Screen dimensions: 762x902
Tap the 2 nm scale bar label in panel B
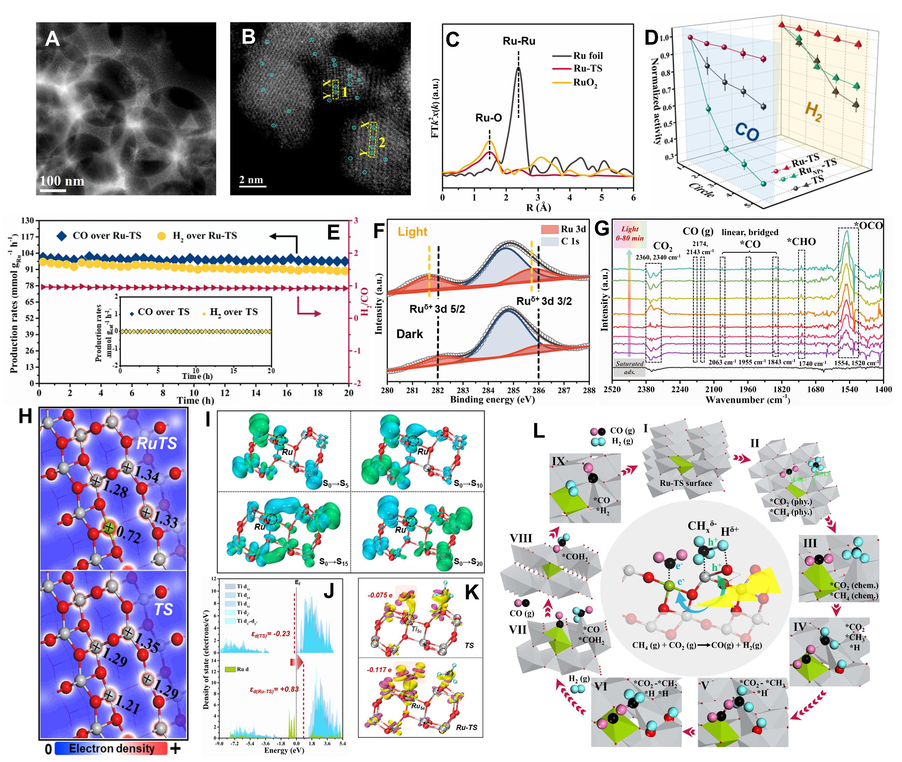(251, 179)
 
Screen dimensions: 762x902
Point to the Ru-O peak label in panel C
(488, 118)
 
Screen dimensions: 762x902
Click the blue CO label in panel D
(747, 132)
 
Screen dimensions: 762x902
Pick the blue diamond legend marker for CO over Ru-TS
(62, 236)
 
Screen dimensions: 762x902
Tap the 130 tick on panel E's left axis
(28, 221)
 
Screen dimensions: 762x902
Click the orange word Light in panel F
(412, 232)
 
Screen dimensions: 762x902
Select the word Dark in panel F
(410, 334)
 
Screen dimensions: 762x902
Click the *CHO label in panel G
(801, 242)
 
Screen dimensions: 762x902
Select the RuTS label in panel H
(157, 443)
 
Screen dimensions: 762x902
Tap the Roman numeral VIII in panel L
(521, 538)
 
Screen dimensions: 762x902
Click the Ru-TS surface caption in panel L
(686, 483)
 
